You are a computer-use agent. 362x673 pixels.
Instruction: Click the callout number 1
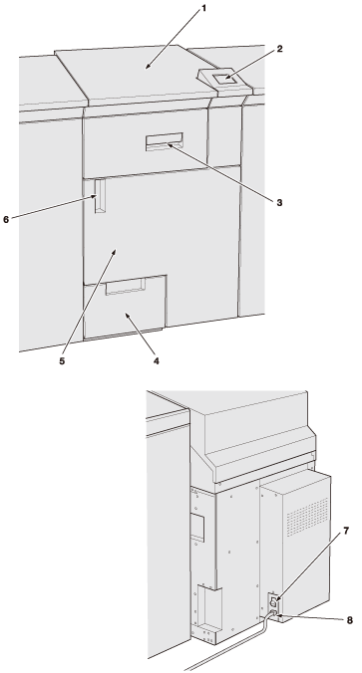click(x=203, y=8)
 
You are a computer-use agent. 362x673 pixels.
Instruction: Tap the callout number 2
click(x=279, y=49)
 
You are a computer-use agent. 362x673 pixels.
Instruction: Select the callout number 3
click(x=279, y=202)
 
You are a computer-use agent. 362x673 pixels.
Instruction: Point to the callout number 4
click(x=156, y=361)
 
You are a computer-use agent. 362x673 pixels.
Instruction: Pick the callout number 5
click(x=63, y=361)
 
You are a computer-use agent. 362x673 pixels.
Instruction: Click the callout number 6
click(x=6, y=219)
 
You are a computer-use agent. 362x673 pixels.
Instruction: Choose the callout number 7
click(x=346, y=531)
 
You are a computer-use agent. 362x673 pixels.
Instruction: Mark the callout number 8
click(x=349, y=620)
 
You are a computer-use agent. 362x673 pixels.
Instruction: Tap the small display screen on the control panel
click(x=224, y=79)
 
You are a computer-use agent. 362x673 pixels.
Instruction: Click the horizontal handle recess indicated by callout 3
click(x=165, y=142)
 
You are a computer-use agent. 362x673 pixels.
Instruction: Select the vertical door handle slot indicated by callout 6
click(x=100, y=196)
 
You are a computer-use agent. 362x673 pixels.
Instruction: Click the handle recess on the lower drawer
click(x=125, y=287)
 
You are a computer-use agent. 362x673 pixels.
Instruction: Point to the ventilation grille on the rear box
click(x=307, y=517)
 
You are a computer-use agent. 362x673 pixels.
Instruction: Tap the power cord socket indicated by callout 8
click(x=274, y=612)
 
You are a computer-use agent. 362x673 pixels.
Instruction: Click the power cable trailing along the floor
click(x=227, y=644)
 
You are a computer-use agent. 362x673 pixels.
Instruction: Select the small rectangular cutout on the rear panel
click(x=196, y=527)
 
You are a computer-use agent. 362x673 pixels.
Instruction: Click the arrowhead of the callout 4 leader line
click(x=128, y=316)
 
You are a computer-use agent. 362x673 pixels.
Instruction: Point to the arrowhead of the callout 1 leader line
click(x=148, y=66)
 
